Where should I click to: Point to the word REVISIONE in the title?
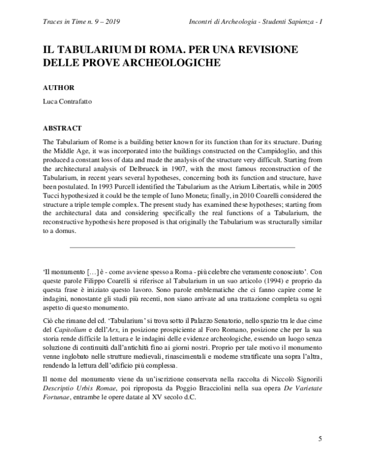click(x=270, y=49)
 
